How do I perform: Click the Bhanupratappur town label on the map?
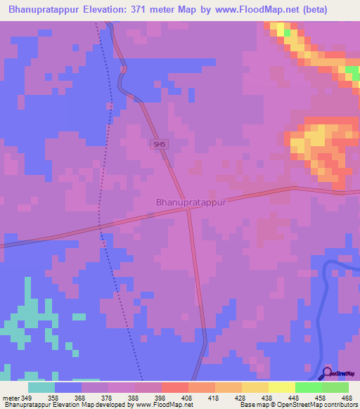pos(190,202)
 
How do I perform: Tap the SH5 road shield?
pos(160,144)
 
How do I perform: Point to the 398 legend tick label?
pos(160,397)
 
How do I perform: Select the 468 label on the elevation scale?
pos(347,397)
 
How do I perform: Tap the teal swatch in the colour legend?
pos(41,387)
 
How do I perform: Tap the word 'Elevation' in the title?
pos(105,8)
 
